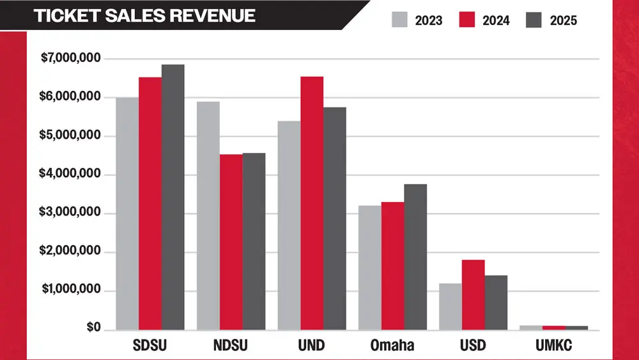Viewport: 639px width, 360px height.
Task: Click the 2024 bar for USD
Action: click(473, 295)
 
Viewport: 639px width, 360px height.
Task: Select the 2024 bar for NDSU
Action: click(231, 242)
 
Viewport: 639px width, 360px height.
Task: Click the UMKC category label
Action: click(554, 346)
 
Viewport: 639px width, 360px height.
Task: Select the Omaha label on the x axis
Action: click(392, 346)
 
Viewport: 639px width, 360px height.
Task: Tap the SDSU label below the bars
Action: click(150, 346)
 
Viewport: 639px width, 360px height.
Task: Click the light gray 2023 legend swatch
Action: click(399, 20)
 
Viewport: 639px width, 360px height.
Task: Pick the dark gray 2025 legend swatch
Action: click(534, 20)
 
